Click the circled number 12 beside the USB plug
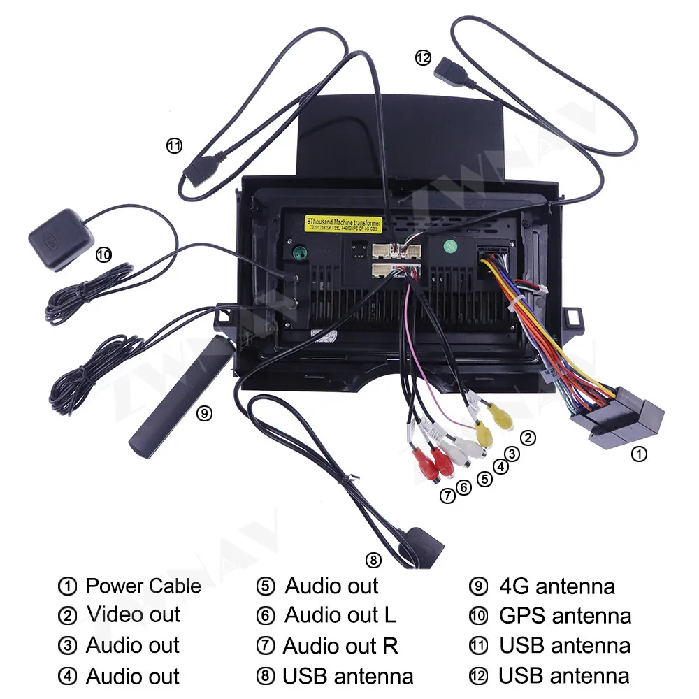tap(422, 59)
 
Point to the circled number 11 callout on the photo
tap(174, 145)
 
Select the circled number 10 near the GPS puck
tap(103, 255)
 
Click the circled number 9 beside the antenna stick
tap(203, 413)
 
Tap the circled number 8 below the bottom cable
tap(373, 559)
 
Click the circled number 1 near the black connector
tap(639, 454)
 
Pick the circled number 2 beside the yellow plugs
tap(528, 438)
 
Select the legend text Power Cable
tap(143, 586)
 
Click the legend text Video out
tap(133, 615)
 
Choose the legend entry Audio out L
tap(340, 615)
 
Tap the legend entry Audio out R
tap(340, 646)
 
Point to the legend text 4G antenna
tap(556, 586)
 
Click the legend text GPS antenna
tap(565, 615)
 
